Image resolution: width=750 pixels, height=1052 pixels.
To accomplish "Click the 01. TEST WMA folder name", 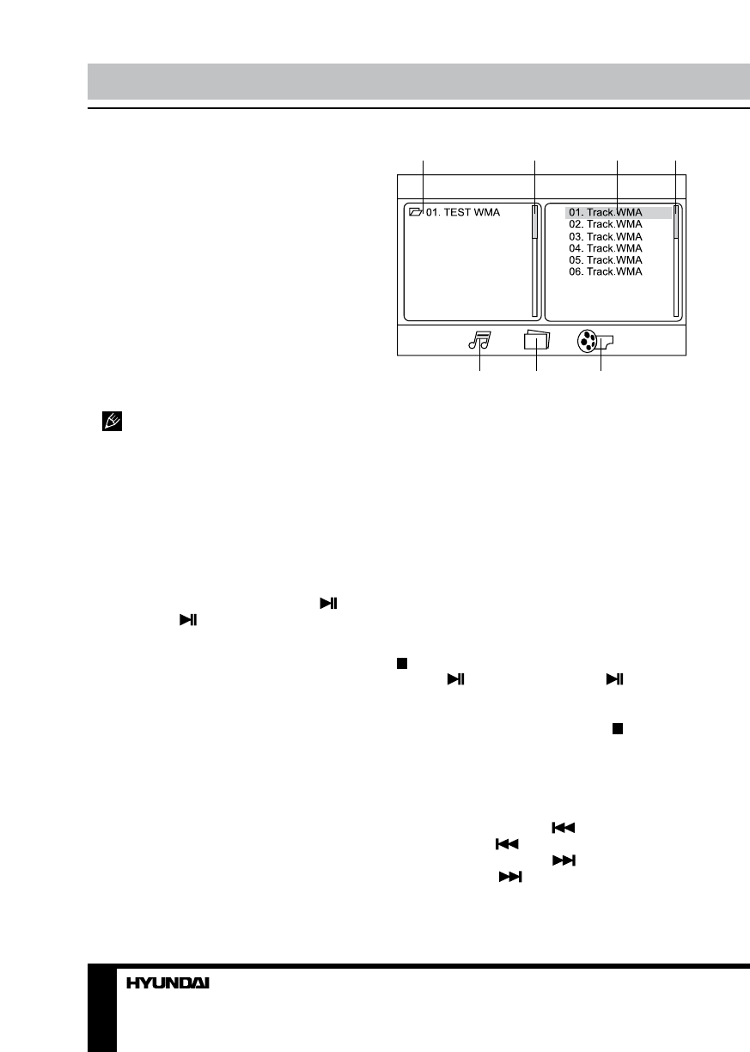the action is pos(463,212).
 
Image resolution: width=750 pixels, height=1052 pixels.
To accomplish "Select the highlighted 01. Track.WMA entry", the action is pos(606,212).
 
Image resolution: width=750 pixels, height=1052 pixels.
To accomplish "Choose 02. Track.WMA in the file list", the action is pos(606,224).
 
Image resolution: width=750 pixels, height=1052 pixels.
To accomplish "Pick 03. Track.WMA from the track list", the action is pos(606,236).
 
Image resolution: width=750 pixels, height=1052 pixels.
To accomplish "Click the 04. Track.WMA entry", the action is pos(606,248).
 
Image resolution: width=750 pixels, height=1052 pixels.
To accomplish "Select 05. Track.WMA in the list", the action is pos(606,259).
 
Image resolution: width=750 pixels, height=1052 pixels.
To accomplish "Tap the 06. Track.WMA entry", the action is pos(606,271).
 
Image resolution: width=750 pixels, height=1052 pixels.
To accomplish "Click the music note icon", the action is pos(479,340).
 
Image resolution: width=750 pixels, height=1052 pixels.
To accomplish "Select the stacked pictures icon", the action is pos(536,340).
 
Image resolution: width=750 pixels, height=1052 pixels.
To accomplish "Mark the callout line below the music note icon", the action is pos(479,362).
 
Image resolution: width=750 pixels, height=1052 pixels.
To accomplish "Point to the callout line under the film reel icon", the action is pos(601,362).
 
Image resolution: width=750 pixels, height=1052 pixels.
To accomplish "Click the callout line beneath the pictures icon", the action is pos(536,362).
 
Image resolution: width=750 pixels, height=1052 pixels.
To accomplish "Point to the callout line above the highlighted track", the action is pos(619,180).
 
